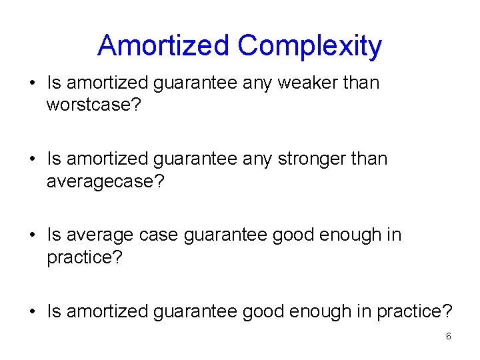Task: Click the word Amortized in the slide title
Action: click(x=164, y=46)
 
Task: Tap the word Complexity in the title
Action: click(x=309, y=46)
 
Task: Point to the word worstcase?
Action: click(x=94, y=105)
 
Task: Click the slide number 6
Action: click(x=448, y=337)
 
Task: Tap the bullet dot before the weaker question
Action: click(x=32, y=84)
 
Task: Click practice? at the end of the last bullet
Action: click(x=415, y=311)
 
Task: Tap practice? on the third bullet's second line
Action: click(x=85, y=257)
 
